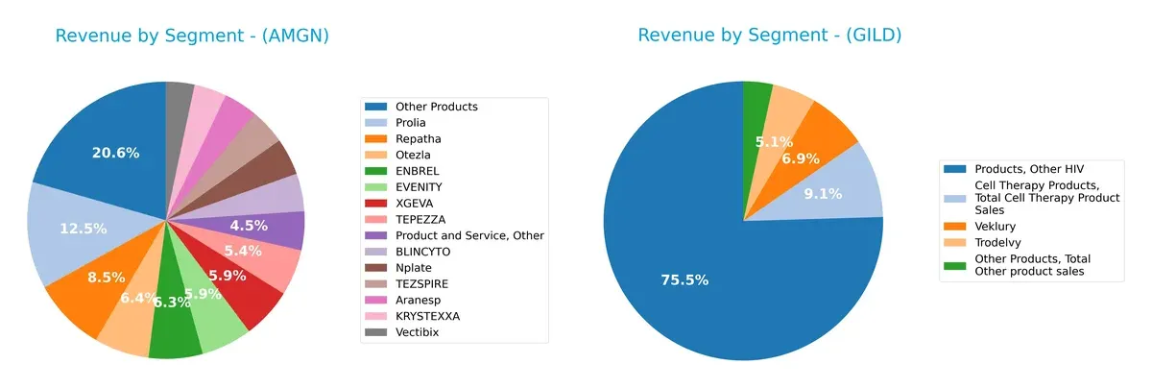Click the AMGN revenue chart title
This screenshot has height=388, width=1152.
click(192, 36)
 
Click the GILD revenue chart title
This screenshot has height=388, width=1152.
click(769, 36)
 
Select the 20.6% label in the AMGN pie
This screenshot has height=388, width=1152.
click(115, 153)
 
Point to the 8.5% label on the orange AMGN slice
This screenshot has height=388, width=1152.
click(105, 278)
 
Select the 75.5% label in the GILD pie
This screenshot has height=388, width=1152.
click(684, 279)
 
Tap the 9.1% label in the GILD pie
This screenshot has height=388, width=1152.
click(822, 193)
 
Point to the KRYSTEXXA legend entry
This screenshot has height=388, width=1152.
click(427, 316)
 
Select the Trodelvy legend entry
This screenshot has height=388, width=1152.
click(999, 240)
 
